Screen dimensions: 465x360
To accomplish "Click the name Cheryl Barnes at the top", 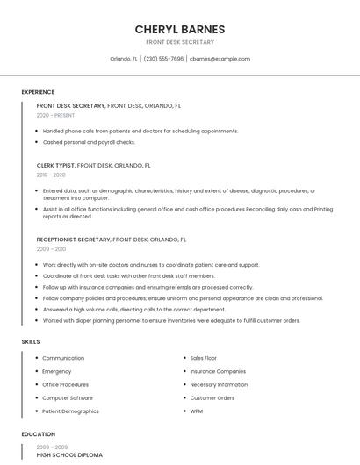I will (x=179, y=29).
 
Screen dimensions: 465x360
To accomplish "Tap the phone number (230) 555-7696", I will (x=163, y=59).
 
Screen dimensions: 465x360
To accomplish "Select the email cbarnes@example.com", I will (x=220, y=59).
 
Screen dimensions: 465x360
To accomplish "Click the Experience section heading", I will (x=38, y=92).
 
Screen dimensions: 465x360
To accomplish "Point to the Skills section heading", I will (x=31, y=341).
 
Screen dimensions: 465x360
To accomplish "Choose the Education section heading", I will (x=38, y=434).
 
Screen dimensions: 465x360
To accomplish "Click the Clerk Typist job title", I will (x=56, y=165).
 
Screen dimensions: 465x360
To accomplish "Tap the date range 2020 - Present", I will (x=55, y=115).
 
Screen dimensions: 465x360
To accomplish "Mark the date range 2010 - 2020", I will (x=50, y=175).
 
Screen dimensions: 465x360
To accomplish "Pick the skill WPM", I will (x=197, y=411).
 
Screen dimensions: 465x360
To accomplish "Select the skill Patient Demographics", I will (x=70, y=411).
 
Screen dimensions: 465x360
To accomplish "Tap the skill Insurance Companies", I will (x=218, y=371).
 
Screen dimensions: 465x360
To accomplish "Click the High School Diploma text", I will (x=69, y=455).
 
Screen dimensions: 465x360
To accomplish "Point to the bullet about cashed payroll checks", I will (x=89, y=142).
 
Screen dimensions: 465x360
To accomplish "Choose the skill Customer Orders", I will (x=212, y=398).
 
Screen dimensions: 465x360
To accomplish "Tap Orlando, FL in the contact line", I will (x=124, y=59).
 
